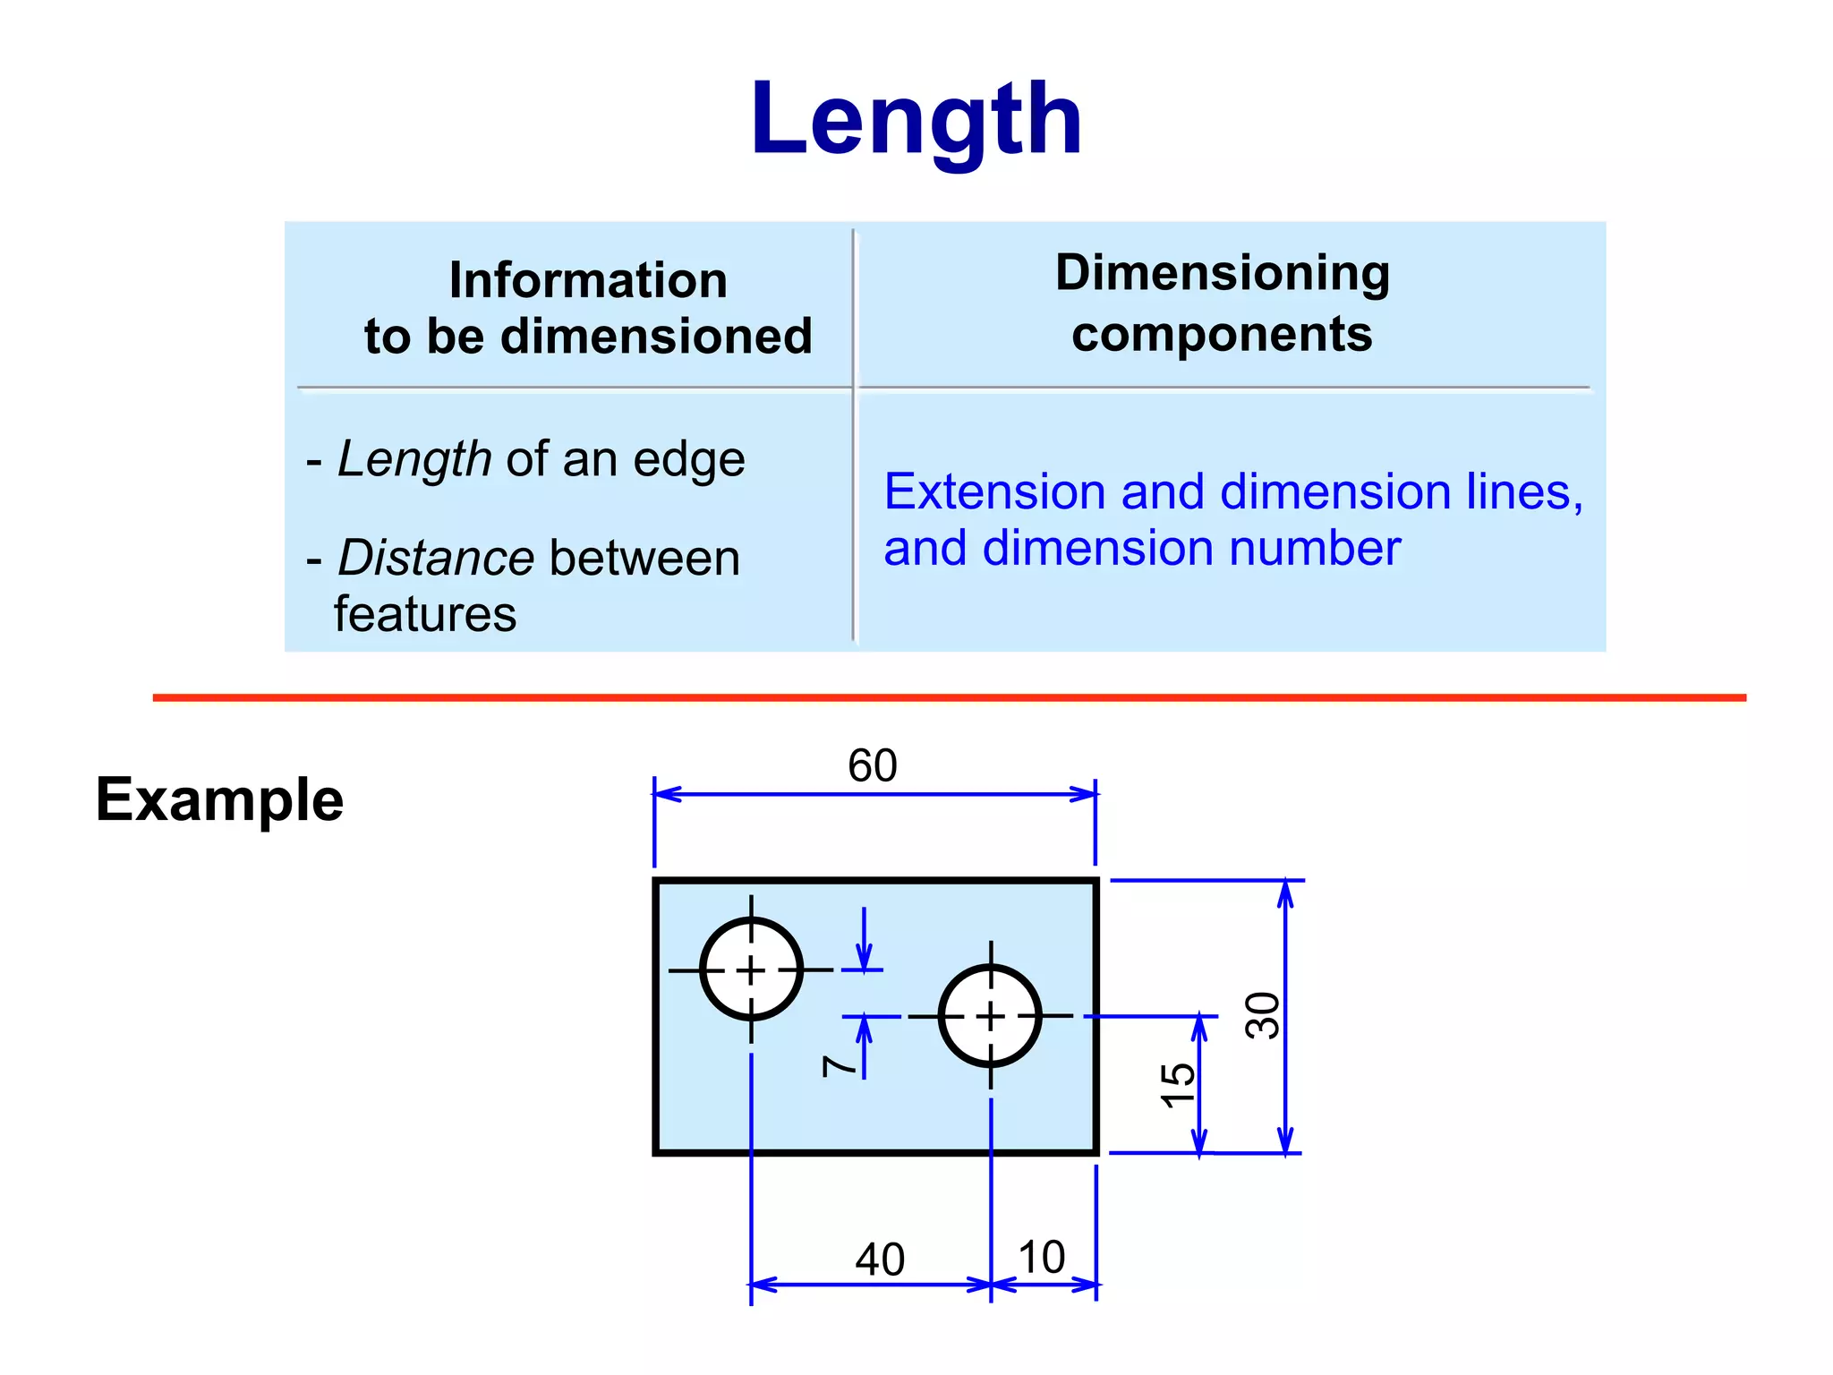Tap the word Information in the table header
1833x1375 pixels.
588,280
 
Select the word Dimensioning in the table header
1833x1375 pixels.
1222,272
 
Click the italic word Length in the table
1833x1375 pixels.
414,459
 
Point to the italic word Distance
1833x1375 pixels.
436,558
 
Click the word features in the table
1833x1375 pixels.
425,615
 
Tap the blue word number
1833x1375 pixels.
1314,548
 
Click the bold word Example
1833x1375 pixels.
219,799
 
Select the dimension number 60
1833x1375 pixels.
872,766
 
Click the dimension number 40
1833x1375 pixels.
880,1260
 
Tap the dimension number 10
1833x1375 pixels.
1042,1257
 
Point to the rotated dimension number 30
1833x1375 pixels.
1263,1015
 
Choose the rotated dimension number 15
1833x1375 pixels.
1178,1085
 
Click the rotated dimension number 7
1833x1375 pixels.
839,1065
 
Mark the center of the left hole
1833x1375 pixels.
751,969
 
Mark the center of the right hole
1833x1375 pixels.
990,1016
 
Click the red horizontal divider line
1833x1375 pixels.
949,697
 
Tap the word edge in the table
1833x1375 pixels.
689,460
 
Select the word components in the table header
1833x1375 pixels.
1222,335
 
